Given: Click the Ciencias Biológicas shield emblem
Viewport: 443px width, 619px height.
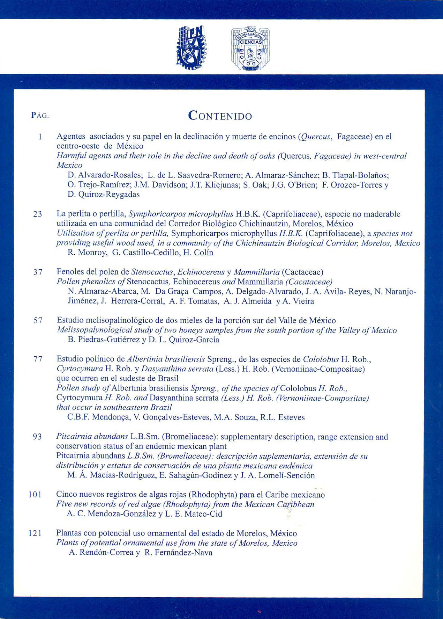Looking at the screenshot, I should click(250, 48).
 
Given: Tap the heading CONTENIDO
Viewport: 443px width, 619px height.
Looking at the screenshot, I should click(220, 116).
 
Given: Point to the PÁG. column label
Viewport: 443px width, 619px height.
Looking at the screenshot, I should click(40, 116).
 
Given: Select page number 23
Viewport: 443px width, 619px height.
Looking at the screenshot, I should click(38, 214).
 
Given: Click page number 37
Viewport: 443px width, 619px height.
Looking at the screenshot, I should click(38, 272).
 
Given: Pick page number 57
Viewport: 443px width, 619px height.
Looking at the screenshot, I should click(38, 320).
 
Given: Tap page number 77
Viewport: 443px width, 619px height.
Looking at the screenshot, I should click(38, 359).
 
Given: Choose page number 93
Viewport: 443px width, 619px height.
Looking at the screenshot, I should click(37, 437).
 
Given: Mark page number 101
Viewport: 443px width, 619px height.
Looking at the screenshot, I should click(35, 495).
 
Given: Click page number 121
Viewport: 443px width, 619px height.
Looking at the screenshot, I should click(35, 533).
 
